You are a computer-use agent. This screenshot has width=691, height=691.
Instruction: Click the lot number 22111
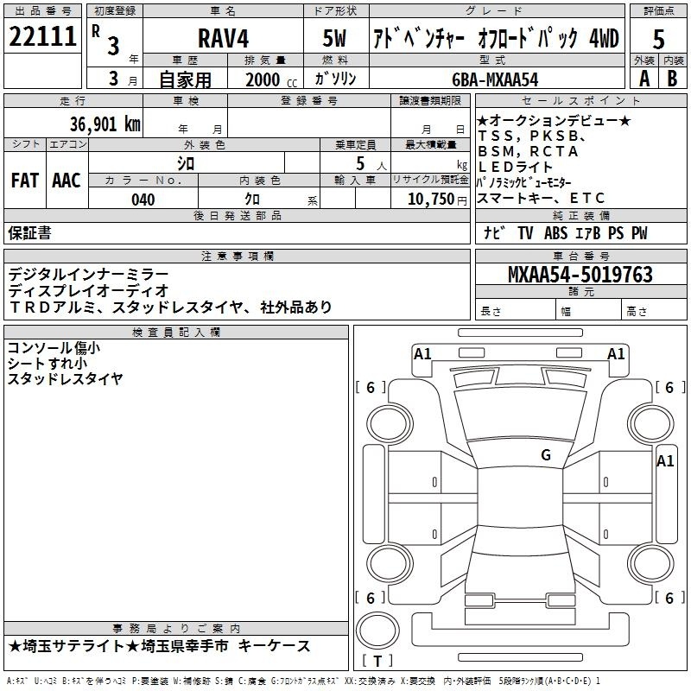coord(42,36)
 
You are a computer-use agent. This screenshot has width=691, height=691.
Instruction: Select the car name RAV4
coord(223,38)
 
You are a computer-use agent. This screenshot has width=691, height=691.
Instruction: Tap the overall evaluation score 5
coord(658,39)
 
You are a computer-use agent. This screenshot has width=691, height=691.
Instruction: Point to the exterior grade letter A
coord(644,79)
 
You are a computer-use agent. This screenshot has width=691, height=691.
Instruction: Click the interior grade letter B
coord(672,79)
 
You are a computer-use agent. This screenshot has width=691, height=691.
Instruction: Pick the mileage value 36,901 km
coord(105,124)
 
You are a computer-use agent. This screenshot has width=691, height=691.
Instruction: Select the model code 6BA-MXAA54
coord(495,79)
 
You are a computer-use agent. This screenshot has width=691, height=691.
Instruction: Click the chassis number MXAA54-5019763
coord(580,274)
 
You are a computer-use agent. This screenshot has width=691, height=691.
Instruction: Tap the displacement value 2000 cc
coord(271,79)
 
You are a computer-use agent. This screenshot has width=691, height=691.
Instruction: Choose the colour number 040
coord(143,200)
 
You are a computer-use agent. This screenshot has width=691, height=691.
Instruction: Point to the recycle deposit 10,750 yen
coord(437,200)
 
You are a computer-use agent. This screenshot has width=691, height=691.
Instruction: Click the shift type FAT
coord(25,181)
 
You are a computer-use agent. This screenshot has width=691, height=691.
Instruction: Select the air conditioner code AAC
coord(67,181)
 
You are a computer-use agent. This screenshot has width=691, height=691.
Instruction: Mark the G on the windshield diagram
coord(546,455)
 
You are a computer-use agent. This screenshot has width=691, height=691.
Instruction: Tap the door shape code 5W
coord(334,38)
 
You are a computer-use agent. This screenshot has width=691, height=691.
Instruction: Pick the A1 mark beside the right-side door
coord(665,461)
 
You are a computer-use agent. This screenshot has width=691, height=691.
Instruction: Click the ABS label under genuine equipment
coord(555,233)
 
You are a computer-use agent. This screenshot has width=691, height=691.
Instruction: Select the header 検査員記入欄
coord(176,333)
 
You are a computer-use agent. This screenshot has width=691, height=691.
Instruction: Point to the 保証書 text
coord(29,233)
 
